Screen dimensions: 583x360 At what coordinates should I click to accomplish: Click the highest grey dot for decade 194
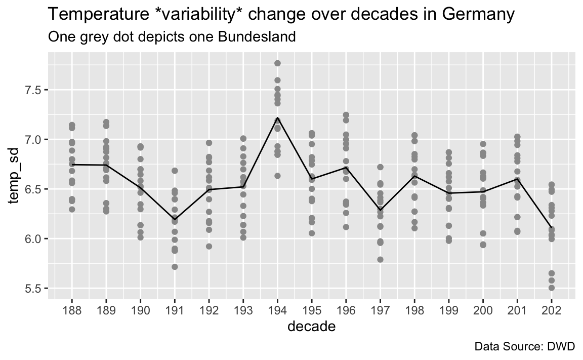(277, 63)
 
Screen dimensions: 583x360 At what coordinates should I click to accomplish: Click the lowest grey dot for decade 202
(552, 288)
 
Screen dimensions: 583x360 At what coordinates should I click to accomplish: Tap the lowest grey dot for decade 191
(175, 267)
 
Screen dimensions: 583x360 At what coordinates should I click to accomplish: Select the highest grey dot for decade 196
(346, 115)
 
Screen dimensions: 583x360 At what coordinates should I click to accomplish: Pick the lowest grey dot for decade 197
(380, 260)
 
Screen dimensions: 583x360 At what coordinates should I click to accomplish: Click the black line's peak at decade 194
(277, 118)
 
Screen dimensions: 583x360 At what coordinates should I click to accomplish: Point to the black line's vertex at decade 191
(175, 219)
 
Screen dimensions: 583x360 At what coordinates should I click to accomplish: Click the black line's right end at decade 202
(552, 228)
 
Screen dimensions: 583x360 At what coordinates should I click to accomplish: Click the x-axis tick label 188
(72, 310)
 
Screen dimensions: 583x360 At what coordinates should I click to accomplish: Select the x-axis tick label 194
(277, 310)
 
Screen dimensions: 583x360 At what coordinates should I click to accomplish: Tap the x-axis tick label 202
(552, 310)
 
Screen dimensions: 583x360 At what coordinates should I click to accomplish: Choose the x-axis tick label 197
(380, 310)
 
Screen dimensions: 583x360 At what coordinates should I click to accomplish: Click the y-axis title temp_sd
(14, 176)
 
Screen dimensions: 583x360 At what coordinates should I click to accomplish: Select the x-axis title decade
(312, 327)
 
